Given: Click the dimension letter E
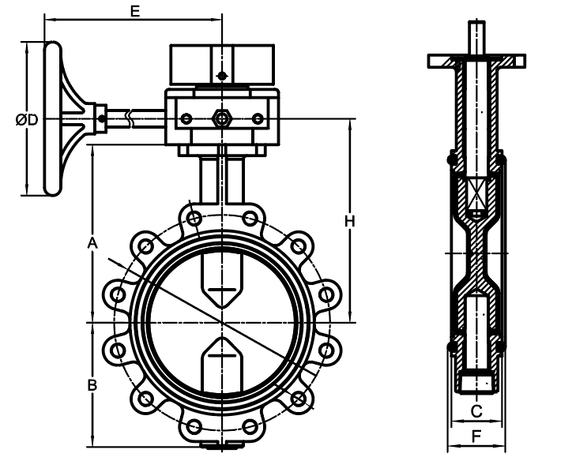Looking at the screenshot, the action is (x=135, y=11).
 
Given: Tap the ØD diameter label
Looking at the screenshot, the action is (x=27, y=119).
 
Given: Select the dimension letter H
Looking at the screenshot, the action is (x=349, y=221).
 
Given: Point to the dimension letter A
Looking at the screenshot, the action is (x=92, y=243).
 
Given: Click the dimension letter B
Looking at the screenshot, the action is (x=92, y=385).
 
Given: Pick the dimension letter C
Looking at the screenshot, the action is (x=476, y=411).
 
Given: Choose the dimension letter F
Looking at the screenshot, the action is (x=476, y=436).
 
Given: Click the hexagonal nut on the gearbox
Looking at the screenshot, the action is (x=221, y=118).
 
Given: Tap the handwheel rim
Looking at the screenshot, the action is (x=52, y=119).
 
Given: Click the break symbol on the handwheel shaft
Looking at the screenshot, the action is (x=129, y=118).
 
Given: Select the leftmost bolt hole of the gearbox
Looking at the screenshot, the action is (x=186, y=119).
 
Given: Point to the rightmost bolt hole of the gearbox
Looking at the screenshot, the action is (x=258, y=119).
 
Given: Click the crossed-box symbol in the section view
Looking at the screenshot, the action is (x=476, y=193).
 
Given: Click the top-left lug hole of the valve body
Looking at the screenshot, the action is (x=194, y=219).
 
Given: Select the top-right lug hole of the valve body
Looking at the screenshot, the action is (x=250, y=219).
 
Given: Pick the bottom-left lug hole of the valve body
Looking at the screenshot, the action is (x=194, y=426).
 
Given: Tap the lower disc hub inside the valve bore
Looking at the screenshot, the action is (x=222, y=365).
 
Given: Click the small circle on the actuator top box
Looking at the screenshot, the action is (x=222, y=77).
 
